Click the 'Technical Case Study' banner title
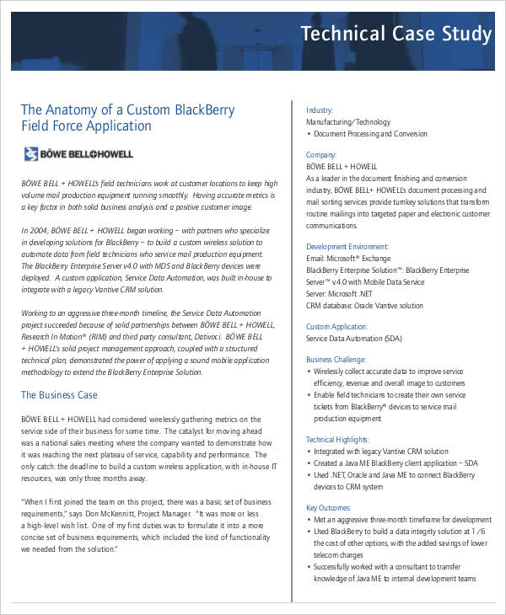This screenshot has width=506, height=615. pyautogui.click(x=396, y=34)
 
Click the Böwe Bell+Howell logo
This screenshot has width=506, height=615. pyautogui.click(x=78, y=153)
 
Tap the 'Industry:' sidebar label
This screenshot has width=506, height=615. pyautogui.click(x=320, y=110)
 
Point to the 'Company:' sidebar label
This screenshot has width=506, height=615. pyautogui.click(x=321, y=155)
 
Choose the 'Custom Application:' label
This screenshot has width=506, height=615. pyautogui.click(x=336, y=326)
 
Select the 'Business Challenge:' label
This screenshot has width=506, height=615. pyautogui.click(x=336, y=359)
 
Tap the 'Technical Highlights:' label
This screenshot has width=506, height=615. pyautogui.click(x=337, y=439)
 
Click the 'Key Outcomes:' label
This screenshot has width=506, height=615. pyautogui.click(x=328, y=507)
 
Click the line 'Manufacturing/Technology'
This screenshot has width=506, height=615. pyautogui.click(x=348, y=122)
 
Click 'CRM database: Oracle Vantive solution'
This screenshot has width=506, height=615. pyautogui.click(x=364, y=306)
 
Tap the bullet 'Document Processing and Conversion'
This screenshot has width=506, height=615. pyautogui.click(x=370, y=134)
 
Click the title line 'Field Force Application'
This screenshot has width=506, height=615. pyautogui.click(x=86, y=126)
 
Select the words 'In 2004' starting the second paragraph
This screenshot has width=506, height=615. pyautogui.click(x=34, y=229)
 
